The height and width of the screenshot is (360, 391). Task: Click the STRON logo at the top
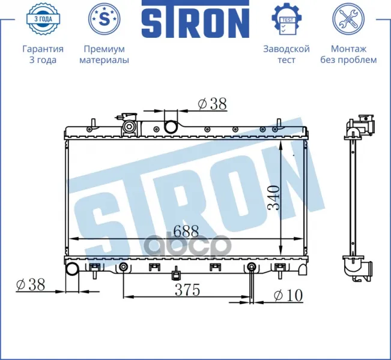(196, 19)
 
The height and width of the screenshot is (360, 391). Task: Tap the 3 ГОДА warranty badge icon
(43, 19)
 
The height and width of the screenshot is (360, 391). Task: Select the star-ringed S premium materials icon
(105, 19)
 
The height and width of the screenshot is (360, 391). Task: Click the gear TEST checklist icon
(286, 19)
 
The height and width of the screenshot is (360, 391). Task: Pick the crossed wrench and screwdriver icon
(348, 19)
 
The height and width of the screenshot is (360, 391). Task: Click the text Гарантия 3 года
(43, 55)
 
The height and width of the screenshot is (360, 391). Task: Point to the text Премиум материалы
(105, 55)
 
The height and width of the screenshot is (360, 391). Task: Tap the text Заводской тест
(286, 55)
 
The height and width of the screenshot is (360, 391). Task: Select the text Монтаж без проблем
(348, 55)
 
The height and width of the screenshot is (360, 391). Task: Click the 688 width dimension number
(186, 231)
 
